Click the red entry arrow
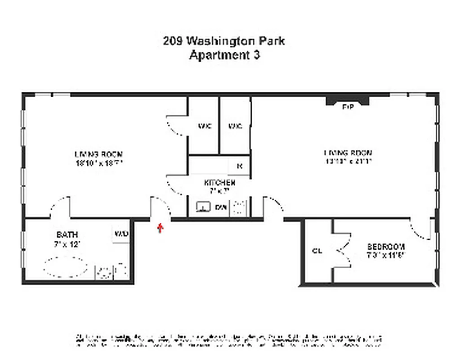pyautogui.click(x=160, y=227)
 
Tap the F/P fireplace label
pyautogui.click(x=347, y=107)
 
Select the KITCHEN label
pyautogui.click(x=219, y=183)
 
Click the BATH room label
pyautogui.click(x=67, y=234)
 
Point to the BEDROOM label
pyautogui.click(x=386, y=247)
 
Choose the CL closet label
pyautogui.click(x=317, y=251)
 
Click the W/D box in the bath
pyautogui.click(x=121, y=234)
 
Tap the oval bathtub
pyautogui.click(x=66, y=267)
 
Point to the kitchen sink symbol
pyautogui.click(x=203, y=207)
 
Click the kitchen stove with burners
pyautogui.click(x=239, y=207)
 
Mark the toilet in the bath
pyautogui.click(x=121, y=270)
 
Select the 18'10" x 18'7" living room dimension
pyautogui.click(x=98, y=163)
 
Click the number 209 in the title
pyautogui.click(x=173, y=41)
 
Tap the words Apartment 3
pyautogui.click(x=224, y=55)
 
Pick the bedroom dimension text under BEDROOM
pyautogui.click(x=386, y=255)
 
